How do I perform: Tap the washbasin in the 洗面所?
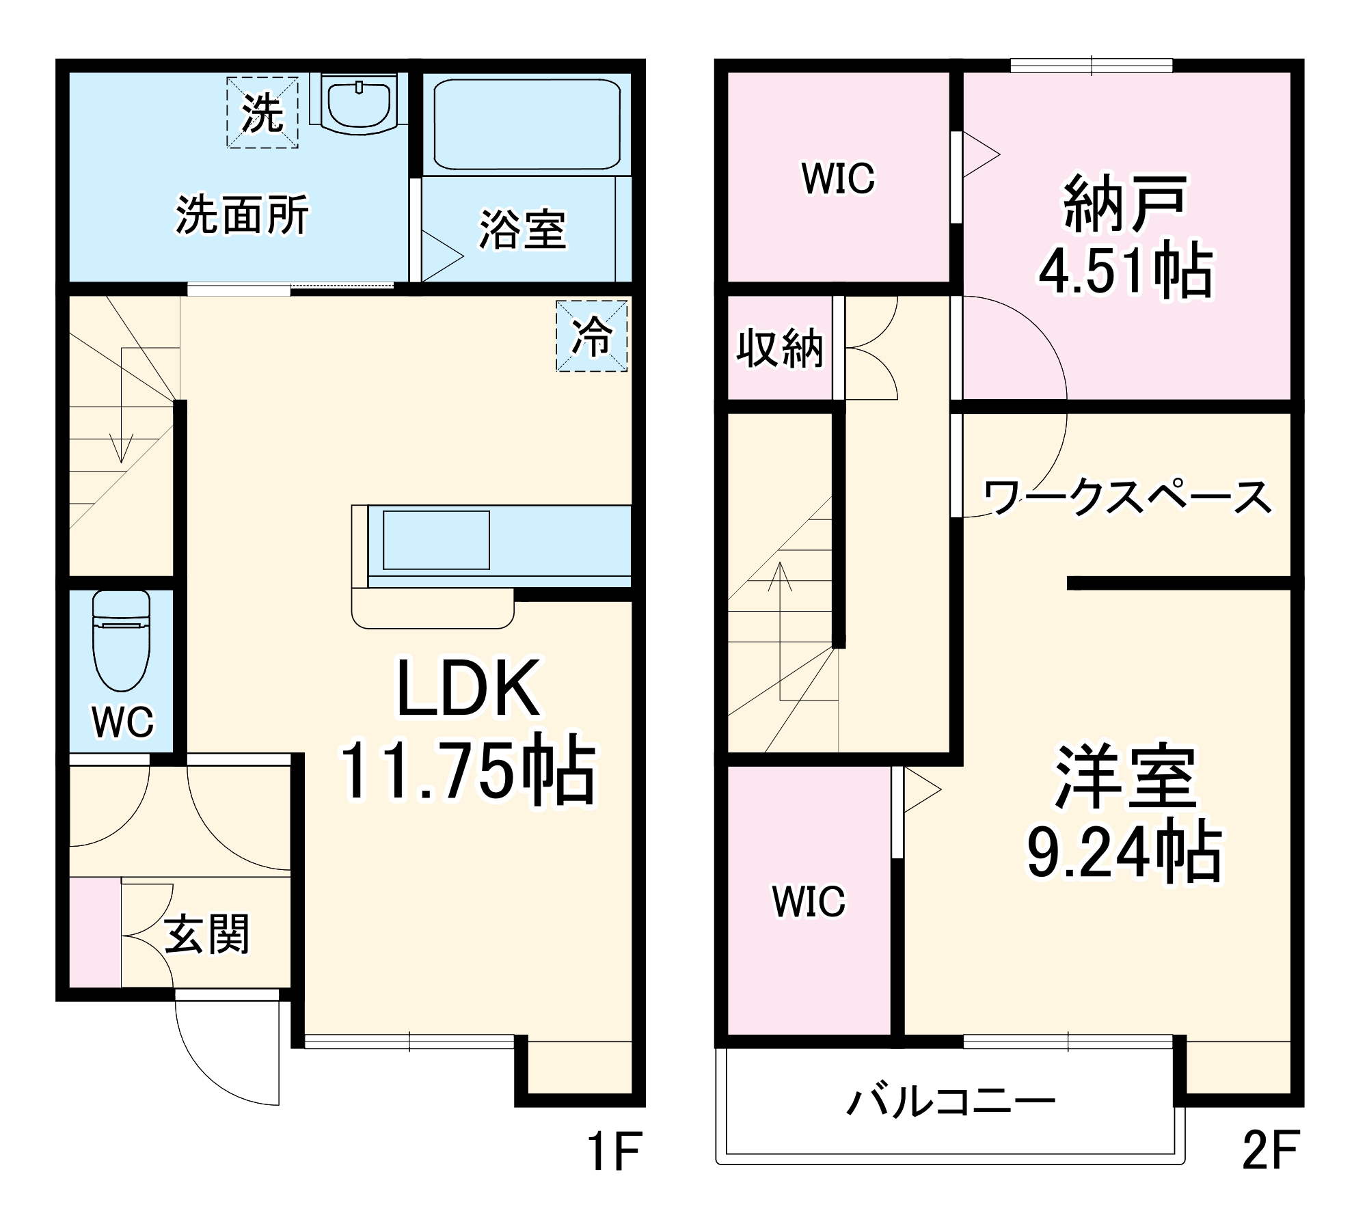tap(359, 103)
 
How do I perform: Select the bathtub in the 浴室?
tap(526, 124)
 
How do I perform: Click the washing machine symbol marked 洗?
tap(262, 113)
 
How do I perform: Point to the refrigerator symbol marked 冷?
tap(591, 336)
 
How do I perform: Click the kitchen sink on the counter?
tap(436, 540)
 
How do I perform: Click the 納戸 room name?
tap(1125, 204)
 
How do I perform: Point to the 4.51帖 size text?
tap(1125, 271)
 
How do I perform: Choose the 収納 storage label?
tap(779, 349)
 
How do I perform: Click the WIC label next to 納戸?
tap(838, 179)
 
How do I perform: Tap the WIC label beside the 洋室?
tap(809, 901)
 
